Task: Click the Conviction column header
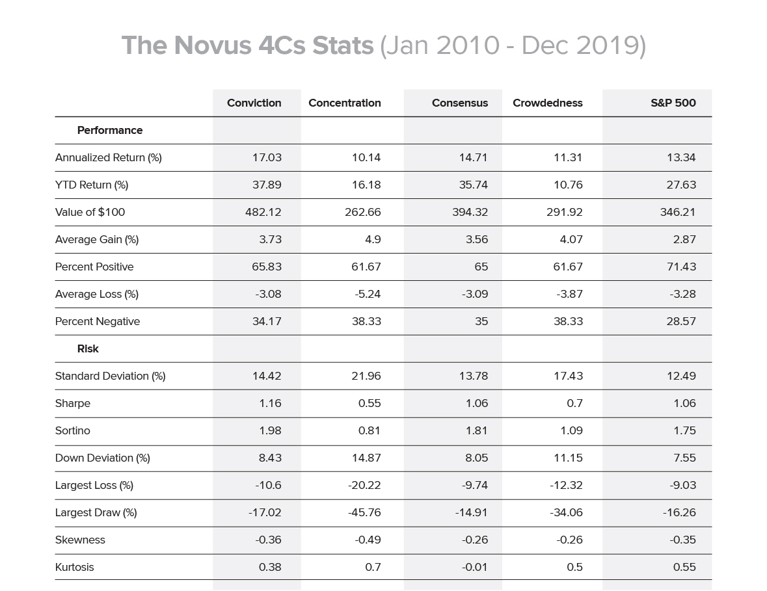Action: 254,103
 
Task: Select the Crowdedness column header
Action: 547,103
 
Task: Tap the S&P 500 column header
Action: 673,103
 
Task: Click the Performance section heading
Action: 110,131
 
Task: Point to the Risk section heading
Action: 88,349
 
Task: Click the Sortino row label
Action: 73,430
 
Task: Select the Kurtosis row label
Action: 74,567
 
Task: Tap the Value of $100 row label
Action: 90,212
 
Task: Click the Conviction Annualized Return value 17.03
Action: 267,157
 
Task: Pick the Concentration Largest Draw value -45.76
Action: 364,512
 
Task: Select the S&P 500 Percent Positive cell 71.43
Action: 681,267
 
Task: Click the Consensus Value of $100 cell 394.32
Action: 470,212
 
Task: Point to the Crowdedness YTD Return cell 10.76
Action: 568,185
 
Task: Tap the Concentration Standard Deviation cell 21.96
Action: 366,376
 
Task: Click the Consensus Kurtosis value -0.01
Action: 475,567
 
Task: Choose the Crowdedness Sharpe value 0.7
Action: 574,403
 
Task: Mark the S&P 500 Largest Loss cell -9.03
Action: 683,486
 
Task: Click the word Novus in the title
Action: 212,46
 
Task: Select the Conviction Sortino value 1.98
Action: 271,430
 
